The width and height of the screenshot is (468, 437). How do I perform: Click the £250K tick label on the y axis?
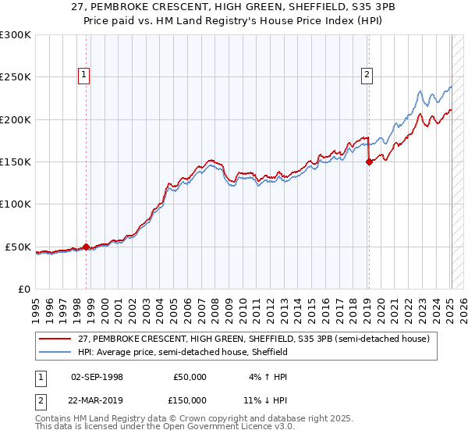pos(16,77)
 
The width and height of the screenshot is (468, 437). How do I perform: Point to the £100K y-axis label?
pos(16,204)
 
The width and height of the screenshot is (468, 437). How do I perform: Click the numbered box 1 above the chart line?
pos(83,75)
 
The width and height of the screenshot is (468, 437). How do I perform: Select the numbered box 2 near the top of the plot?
pos(367,75)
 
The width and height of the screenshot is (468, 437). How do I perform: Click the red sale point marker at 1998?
pos(86,247)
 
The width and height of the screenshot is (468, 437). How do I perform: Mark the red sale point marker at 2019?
pos(369,162)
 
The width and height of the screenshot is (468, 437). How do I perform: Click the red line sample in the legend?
pos(57,339)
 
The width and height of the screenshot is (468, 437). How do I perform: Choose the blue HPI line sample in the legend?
pos(57,352)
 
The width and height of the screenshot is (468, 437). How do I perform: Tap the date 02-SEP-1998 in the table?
pos(97,377)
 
